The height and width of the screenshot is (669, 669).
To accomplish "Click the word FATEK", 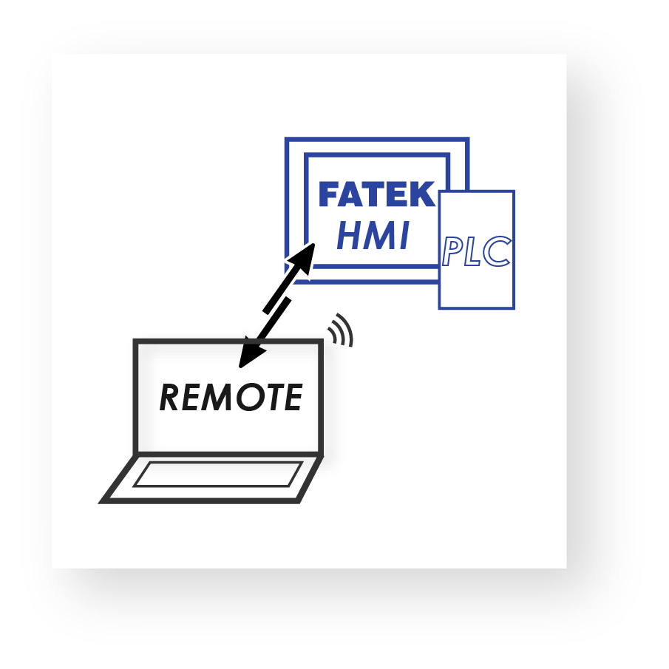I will (x=376, y=194).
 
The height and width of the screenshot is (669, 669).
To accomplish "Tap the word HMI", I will (x=373, y=237).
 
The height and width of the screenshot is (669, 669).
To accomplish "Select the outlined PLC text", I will (x=476, y=252).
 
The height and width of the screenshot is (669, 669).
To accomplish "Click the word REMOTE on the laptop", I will (x=231, y=398).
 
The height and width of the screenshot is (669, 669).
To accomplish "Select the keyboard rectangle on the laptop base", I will (x=218, y=474).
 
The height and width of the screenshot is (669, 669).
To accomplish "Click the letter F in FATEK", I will (x=330, y=194).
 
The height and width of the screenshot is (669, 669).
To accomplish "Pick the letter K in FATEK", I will (x=422, y=194).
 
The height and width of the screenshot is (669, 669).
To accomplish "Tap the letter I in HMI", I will (x=404, y=237).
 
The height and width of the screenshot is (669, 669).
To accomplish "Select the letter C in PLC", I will (x=497, y=252).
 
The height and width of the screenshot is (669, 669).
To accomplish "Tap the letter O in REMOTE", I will (x=246, y=398).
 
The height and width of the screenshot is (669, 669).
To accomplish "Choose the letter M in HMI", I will (x=378, y=237).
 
